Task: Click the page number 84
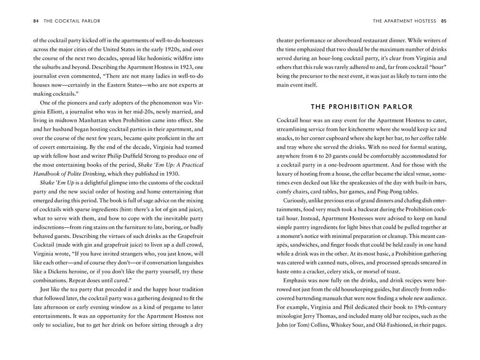[36, 21]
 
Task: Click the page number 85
[444, 21]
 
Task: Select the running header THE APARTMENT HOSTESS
[404, 21]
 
